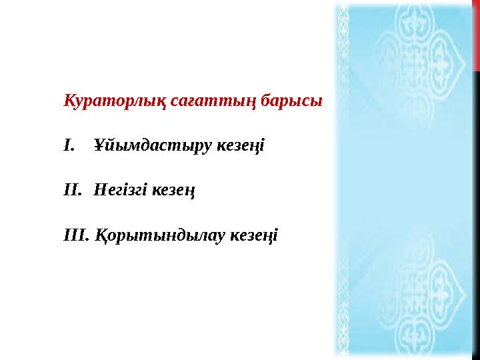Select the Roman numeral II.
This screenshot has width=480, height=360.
(x=71, y=190)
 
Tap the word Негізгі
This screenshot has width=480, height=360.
(x=121, y=190)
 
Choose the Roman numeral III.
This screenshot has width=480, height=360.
(x=75, y=235)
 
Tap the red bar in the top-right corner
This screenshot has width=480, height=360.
(x=476, y=33)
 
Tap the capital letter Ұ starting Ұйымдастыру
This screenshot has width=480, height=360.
(x=99, y=145)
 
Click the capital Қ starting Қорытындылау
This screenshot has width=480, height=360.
(x=100, y=235)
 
